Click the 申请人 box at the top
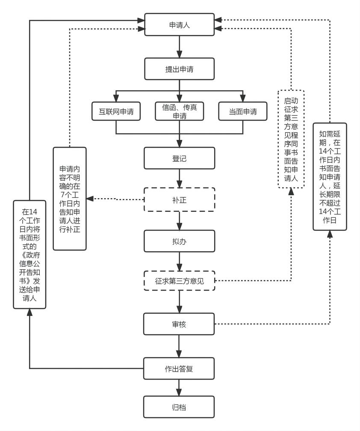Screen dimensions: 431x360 pos(179,25)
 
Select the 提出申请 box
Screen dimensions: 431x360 pos(179,68)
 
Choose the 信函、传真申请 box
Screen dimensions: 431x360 pos(179,112)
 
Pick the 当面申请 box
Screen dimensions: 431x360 pos(243,112)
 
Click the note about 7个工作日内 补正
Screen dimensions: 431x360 pos(70,199)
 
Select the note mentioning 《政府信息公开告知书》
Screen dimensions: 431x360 pos(30,254)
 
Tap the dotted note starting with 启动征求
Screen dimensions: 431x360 pos(291,139)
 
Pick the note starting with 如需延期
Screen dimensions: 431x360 pos(330,176)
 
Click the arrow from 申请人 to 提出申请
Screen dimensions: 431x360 pos(179,47)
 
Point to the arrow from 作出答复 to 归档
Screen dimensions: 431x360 pos(179,388)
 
